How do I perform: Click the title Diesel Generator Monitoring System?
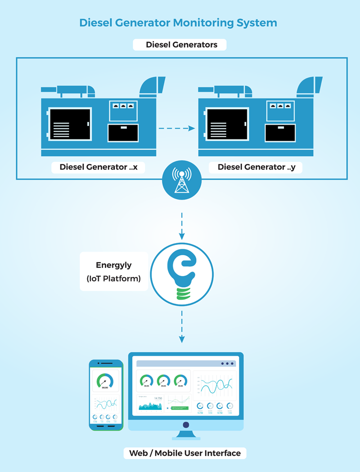[x=178, y=22]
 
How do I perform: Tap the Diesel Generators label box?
[x=180, y=45]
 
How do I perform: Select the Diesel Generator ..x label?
[x=99, y=167]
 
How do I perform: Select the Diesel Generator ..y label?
[x=256, y=167]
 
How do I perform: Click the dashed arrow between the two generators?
[x=177, y=129]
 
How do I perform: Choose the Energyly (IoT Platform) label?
[x=113, y=272]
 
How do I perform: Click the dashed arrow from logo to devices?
[x=181, y=330]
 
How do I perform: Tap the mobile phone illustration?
[x=106, y=395]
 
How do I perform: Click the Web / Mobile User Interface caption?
[x=185, y=453]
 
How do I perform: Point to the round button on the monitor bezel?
[x=185, y=425]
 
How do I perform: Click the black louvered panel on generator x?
[x=70, y=125]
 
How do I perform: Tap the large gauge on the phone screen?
[x=105, y=381]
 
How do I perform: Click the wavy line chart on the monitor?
[x=216, y=385]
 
